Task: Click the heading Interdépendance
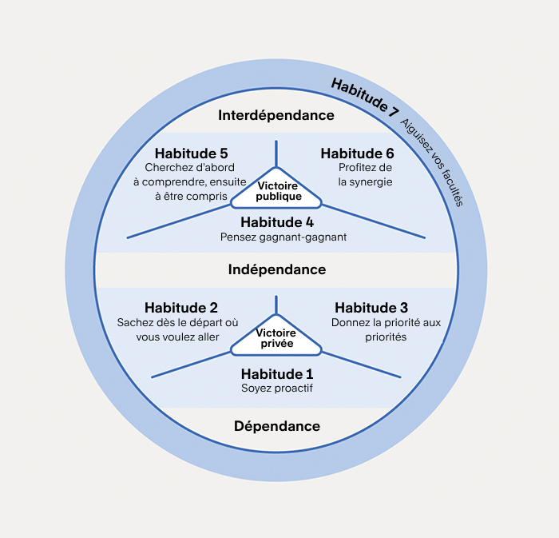point(276,115)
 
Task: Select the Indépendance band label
point(277,269)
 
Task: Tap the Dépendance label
point(277,426)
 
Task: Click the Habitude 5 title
point(192,153)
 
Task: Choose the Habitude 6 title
point(357,153)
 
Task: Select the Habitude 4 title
point(277,221)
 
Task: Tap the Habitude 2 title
point(181,308)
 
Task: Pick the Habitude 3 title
point(371,308)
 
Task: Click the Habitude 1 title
point(277,373)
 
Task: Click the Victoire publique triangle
point(276,191)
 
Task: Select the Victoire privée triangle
point(276,339)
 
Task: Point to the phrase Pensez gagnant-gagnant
point(277,237)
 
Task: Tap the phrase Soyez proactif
point(277,389)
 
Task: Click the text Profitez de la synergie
point(365,174)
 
